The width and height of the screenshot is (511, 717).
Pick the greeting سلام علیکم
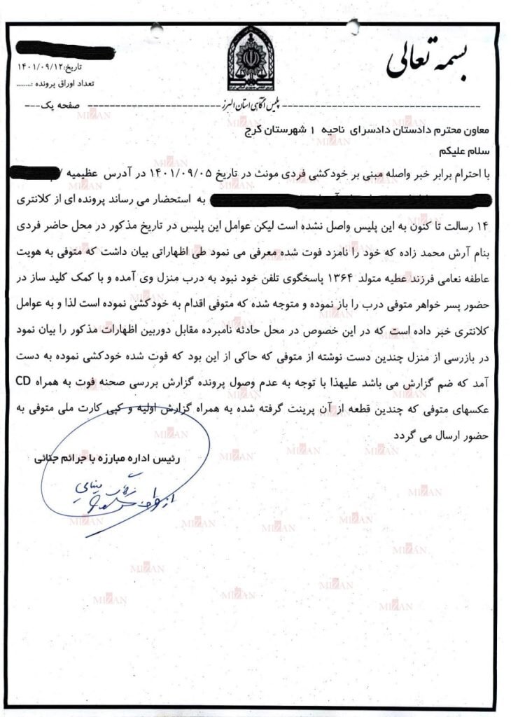[x=460, y=151]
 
